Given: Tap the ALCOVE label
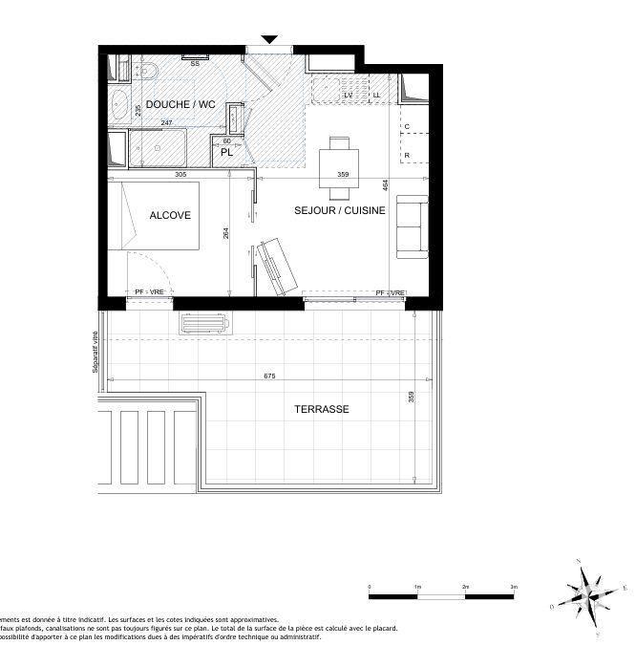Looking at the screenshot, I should [170, 216].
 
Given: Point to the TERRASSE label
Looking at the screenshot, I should [321, 409].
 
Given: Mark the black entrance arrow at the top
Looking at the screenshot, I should [270, 39].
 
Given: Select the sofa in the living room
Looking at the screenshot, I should [412, 226].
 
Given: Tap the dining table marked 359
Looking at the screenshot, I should [339, 162].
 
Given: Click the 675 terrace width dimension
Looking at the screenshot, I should [269, 376].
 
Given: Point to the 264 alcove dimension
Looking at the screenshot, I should [226, 234].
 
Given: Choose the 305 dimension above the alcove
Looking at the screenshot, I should [180, 175].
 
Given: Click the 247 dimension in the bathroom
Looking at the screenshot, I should [166, 123].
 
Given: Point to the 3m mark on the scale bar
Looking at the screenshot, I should [513, 587].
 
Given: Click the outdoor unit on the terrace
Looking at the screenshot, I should [202, 323].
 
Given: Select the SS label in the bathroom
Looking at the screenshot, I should [195, 64].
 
